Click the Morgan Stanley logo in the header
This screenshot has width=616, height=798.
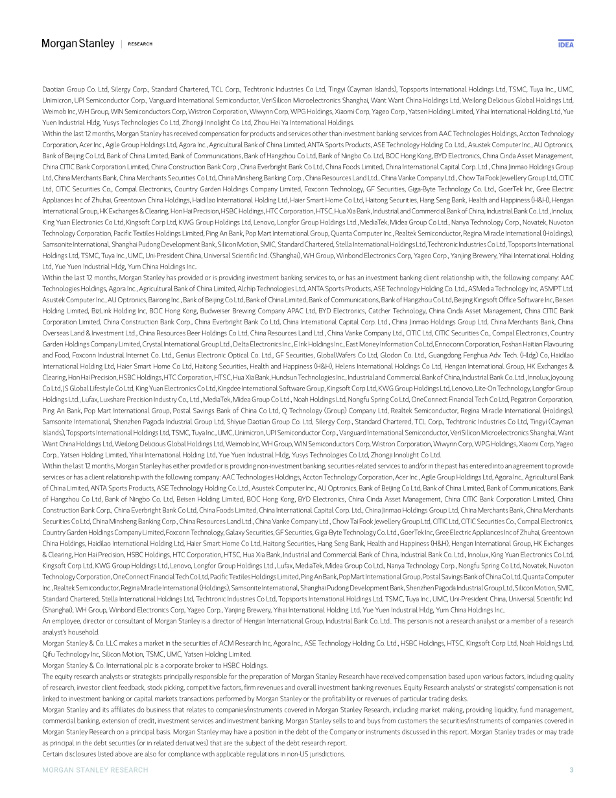click(x=78, y=43)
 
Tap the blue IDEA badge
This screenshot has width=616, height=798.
click(x=565, y=44)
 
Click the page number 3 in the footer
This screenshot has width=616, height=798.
click(x=571, y=770)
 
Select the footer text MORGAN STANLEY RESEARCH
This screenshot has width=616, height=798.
click(x=95, y=770)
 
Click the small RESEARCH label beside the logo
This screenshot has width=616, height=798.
click(x=140, y=44)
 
